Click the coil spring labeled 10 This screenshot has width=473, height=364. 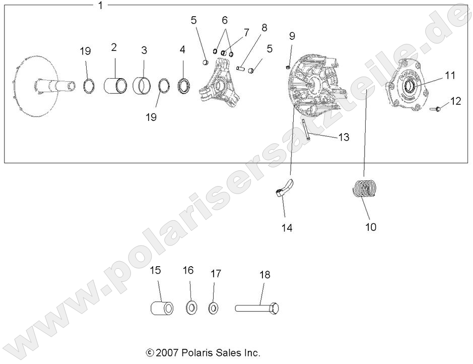tap(364, 190)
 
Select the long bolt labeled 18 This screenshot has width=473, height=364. tap(256, 307)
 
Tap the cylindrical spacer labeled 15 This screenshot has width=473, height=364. tap(161, 307)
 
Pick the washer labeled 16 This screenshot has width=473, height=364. tap(191, 307)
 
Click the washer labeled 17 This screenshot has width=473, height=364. tap(213, 307)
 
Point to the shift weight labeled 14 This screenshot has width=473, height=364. tap(284, 189)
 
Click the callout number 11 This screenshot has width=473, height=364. tap(450, 75)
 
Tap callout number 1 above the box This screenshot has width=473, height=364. tap(100, 6)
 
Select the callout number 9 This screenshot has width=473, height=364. tap(292, 36)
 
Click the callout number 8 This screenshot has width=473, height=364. tap(264, 27)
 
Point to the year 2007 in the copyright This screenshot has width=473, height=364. tap(165, 352)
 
